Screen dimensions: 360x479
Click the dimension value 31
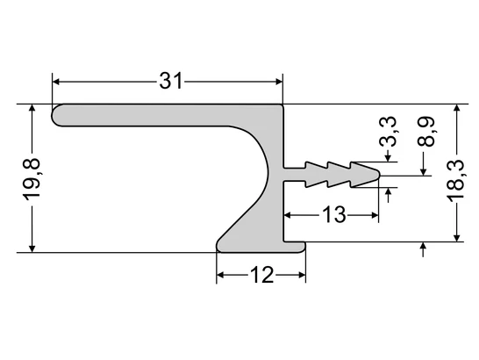(171, 82)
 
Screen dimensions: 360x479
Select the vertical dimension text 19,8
(32, 178)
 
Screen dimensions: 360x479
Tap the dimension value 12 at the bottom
(261, 276)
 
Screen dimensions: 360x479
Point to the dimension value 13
(333, 213)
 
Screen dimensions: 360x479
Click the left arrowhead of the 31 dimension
(59, 82)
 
